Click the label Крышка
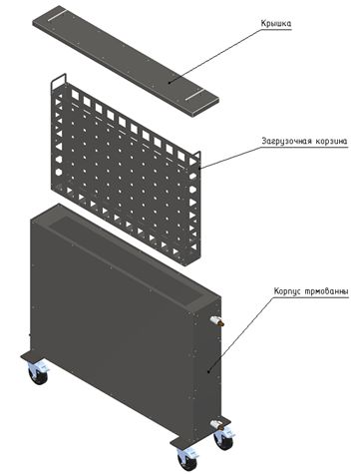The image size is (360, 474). (x=276, y=24)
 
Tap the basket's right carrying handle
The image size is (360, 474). (x=196, y=157)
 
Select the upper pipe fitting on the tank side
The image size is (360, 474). (x=216, y=321)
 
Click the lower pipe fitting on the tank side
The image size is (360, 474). (x=216, y=424)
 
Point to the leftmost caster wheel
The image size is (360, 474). (x=38, y=374)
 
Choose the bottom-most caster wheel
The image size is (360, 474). (x=187, y=460)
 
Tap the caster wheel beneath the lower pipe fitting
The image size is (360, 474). (x=224, y=439)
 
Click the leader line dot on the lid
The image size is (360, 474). (x=170, y=82)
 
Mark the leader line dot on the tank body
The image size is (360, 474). (x=208, y=371)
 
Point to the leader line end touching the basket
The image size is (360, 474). (x=199, y=169)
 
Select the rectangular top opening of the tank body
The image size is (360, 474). (x=126, y=258)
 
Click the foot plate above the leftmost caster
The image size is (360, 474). (x=32, y=357)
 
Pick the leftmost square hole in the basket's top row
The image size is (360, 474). (x=75, y=96)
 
